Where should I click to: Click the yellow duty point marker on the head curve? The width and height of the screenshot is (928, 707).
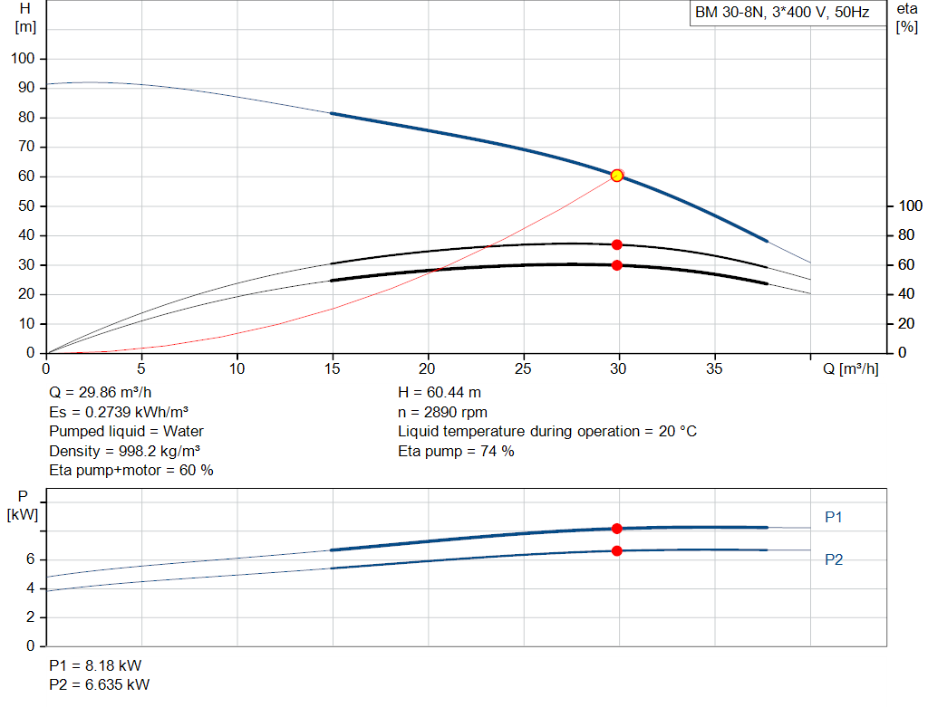pyautogui.click(x=616, y=176)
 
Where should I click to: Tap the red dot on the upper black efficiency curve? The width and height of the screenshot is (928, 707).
pyautogui.click(x=616, y=244)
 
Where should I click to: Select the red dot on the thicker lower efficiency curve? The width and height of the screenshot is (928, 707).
pyautogui.click(x=616, y=265)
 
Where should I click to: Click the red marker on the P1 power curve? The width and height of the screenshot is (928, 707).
pyautogui.click(x=616, y=529)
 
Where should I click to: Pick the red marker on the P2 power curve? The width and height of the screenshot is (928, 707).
pyautogui.click(x=616, y=551)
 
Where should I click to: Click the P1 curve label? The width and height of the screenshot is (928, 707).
pyautogui.click(x=834, y=517)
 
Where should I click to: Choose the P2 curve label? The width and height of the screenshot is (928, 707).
pyautogui.click(x=834, y=559)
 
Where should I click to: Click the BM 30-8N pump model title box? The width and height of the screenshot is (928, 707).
pyautogui.click(x=788, y=13)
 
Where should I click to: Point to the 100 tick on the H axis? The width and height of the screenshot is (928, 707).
pyautogui.click(x=23, y=59)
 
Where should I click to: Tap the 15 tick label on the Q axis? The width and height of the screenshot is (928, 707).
pyautogui.click(x=332, y=368)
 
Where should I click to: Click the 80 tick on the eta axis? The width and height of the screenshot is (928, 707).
pyautogui.click(x=906, y=235)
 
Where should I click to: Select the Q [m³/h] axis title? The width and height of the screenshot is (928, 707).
pyautogui.click(x=850, y=368)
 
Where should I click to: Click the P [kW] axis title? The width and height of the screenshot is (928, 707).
pyautogui.click(x=23, y=505)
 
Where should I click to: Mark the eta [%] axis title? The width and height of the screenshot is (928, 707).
pyautogui.click(x=906, y=18)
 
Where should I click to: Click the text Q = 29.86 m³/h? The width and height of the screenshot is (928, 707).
pyautogui.click(x=101, y=393)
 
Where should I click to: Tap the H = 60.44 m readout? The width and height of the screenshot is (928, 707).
pyautogui.click(x=440, y=393)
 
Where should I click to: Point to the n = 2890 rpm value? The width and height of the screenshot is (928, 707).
pyautogui.click(x=442, y=413)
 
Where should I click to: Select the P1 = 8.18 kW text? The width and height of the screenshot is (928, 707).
pyautogui.click(x=95, y=665)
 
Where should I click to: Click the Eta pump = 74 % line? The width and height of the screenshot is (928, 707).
pyautogui.click(x=456, y=452)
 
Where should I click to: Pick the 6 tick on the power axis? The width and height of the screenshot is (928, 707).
pyautogui.click(x=30, y=559)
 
